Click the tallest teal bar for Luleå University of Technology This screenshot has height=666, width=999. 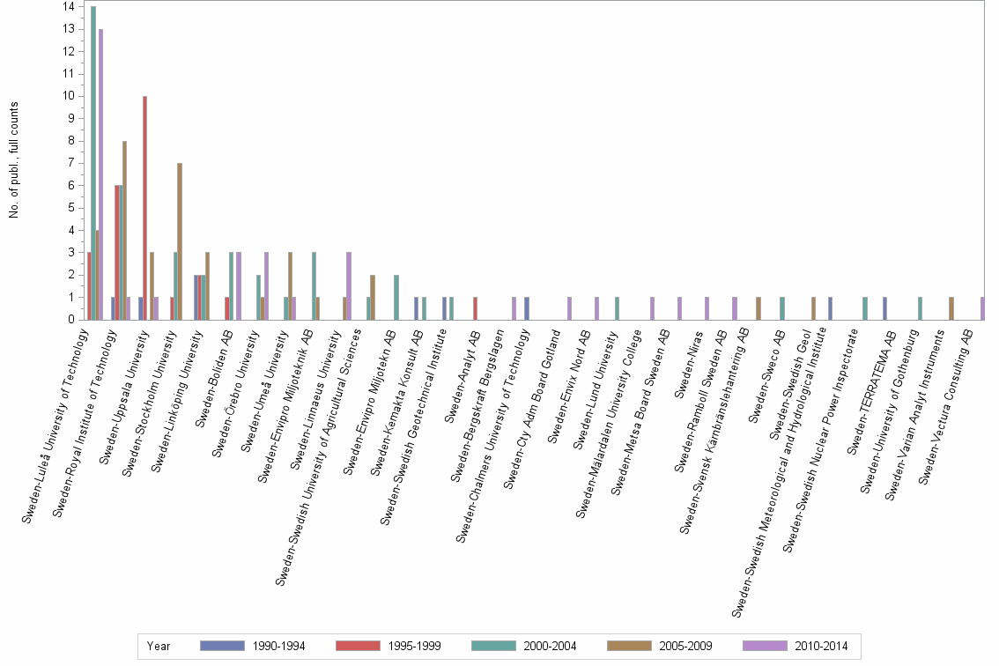coord(93,163)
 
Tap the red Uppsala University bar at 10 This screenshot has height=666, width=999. coord(145,208)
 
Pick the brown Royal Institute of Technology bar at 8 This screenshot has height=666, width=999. coord(125,230)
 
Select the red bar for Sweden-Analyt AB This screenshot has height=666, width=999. coord(476,308)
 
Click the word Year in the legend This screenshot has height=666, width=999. coord(159,646)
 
